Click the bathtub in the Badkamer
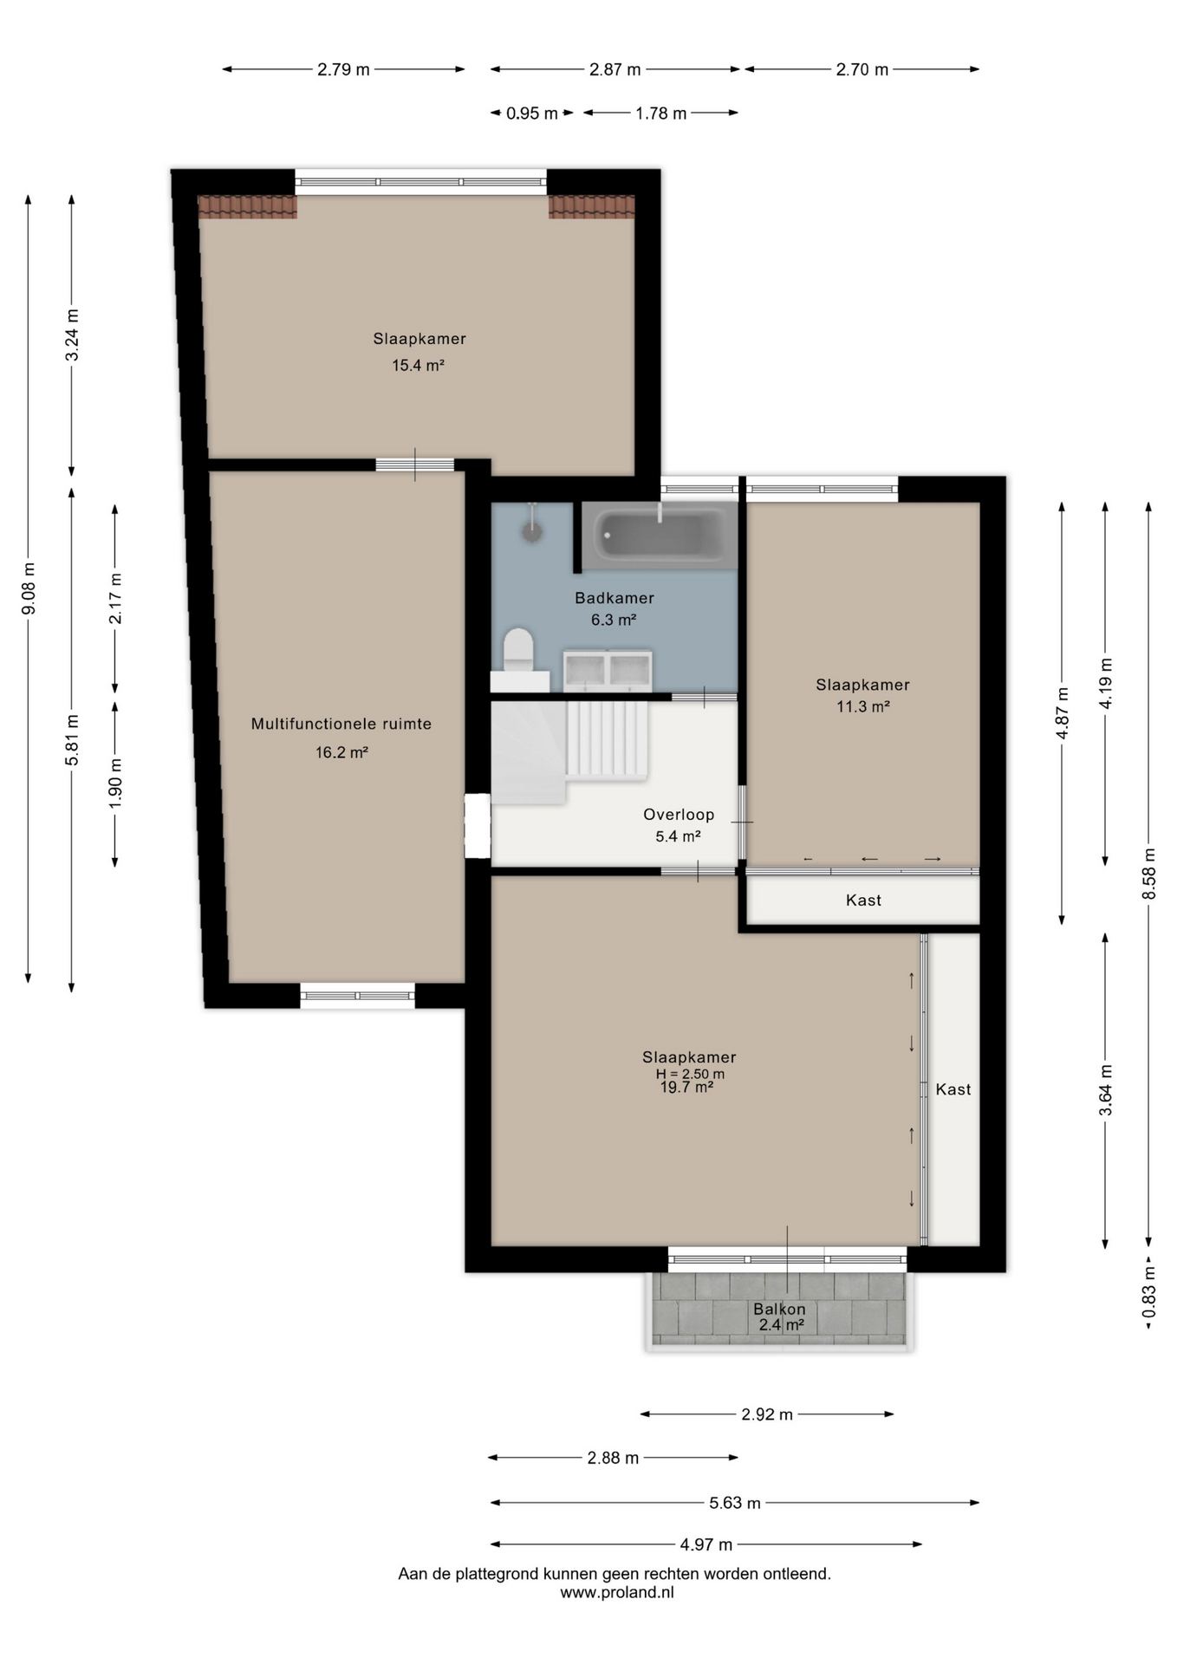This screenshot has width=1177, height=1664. tap(660, 536)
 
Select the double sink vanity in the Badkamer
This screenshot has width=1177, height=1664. tap(608, 670)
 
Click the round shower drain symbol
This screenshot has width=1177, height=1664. tap(532, 531)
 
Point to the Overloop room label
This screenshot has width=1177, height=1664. tap(679, 815)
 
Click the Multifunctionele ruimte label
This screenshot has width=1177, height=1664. tap(341, 724)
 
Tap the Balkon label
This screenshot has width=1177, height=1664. tap(779, 1309)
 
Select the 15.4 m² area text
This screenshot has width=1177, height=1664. tap(418, 366)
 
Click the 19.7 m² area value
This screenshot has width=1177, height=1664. tap(686, 1088)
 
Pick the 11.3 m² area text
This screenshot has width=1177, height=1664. tap(863, 706)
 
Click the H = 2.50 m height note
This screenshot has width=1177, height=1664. tap(690, 1074)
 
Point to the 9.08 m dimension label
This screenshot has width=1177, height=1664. tap(29, 588)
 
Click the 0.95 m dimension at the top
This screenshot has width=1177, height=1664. tap(532, 114)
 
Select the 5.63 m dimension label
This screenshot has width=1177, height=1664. tap(735, 1503)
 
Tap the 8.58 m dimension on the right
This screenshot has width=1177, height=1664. tap(1149, 873)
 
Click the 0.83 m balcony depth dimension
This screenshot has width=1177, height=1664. tap(1149, 1292)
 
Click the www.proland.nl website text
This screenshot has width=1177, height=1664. tap(616, 1592)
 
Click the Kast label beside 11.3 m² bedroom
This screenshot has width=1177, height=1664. tap(863, 900)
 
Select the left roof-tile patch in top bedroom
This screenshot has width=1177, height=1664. tap(248, 207)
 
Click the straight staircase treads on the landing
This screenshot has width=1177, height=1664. tap(608, 738)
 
